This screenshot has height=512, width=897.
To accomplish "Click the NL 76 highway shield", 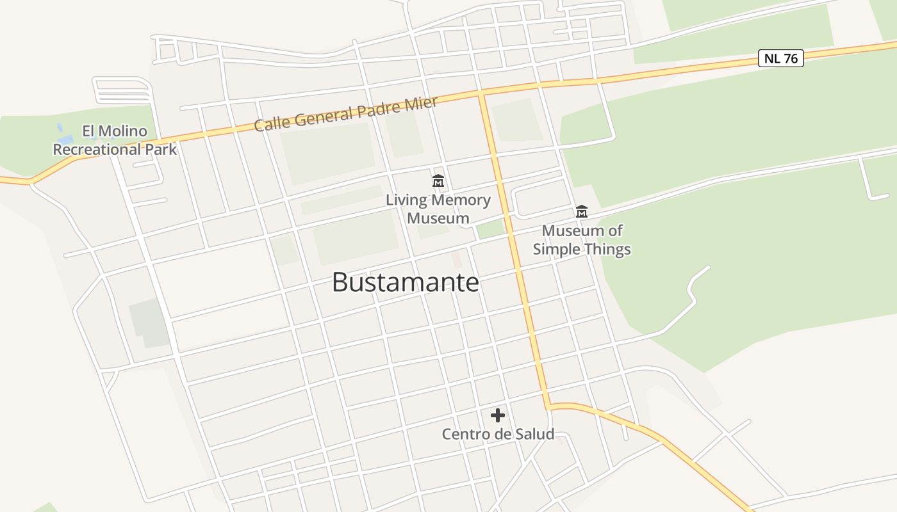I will [x=781, y=58].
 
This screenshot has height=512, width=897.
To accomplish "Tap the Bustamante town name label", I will [x=405, y=282].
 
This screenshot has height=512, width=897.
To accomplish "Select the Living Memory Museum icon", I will [x=438, y=181].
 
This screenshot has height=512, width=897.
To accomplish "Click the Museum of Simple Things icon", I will [x=582, y=211].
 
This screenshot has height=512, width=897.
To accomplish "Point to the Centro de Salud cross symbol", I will [x=498, y=416].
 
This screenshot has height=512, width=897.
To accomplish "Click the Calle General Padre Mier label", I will [x=345, y=114].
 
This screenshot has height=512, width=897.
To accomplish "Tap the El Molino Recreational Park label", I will [x=114, y=140].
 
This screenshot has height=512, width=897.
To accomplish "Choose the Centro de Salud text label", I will [x=498, y=434].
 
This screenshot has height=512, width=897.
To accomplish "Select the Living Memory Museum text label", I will [x=438, y=209].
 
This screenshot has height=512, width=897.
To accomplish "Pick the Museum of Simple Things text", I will [x=582, y=240].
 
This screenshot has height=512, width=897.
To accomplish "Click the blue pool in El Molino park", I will [x=65, y=138].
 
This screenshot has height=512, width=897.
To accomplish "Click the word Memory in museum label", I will [x=460, y=200].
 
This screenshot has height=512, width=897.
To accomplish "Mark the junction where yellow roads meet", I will [x=481, y=93].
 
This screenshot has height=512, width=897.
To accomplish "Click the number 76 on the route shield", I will [x=791, y=58].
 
